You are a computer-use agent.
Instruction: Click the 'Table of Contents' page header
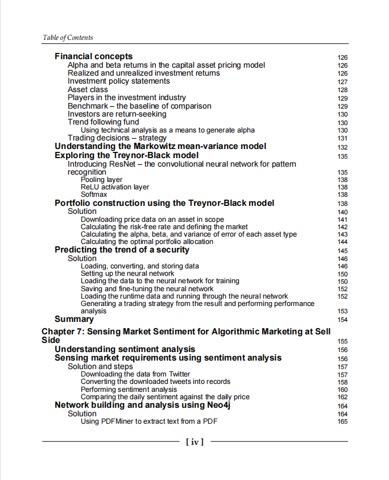pos(68,38)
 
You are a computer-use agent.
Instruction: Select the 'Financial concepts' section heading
pos(94,56)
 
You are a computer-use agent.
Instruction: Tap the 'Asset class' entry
pos(88,90)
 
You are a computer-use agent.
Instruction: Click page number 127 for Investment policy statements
pos(342,82)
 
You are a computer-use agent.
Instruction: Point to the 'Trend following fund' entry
pos(104,122)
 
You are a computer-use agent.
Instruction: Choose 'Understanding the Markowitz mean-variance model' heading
pos(160,146)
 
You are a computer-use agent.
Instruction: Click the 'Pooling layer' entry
pos(101,180)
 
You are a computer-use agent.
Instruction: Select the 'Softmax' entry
pos(94,195)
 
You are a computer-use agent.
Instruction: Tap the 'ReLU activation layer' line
pos(115,187)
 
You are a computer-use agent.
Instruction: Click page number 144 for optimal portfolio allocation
pos(342,242)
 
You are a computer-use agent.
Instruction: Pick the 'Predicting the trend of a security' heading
pos(122,250)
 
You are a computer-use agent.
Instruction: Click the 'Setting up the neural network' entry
pos(127,274)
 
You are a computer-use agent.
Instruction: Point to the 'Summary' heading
pos(74,319)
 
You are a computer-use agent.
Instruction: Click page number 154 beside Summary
pos(342,320)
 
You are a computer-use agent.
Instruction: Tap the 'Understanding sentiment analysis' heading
pos(125,349)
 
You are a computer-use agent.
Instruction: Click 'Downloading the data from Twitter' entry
pos(135,374)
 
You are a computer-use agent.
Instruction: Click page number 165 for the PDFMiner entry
pos(342,421)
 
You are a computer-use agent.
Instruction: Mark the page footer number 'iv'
pos(194,441)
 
